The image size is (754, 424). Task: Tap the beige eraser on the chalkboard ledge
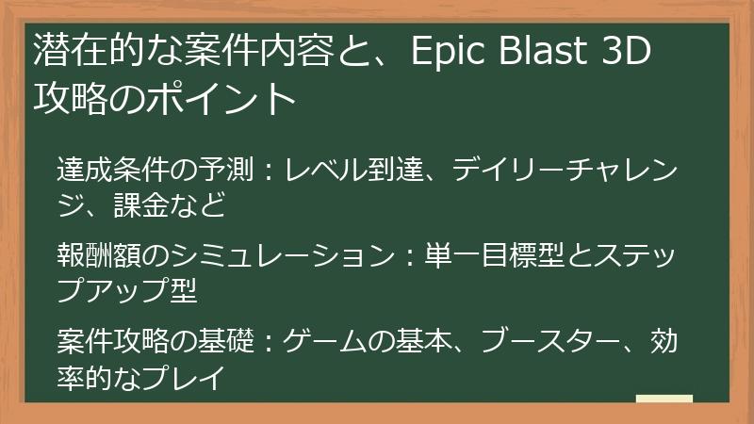(664, 399)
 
